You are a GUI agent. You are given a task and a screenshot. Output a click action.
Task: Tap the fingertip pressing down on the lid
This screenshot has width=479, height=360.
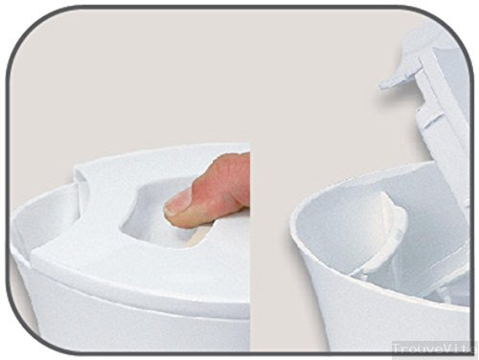(x=185, y=204)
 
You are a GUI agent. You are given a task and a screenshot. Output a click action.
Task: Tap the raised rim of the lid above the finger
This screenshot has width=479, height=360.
(x=172, y=158)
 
